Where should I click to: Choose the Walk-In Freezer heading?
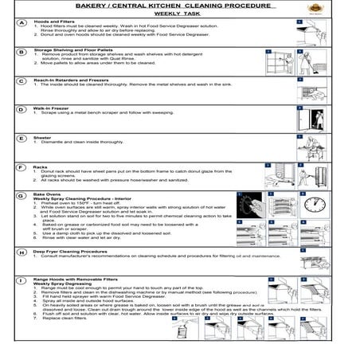point(52,108)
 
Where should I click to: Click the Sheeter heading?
point(43,137)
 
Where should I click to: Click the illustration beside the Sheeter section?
point(311,147)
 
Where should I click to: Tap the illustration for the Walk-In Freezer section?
point(311,117)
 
